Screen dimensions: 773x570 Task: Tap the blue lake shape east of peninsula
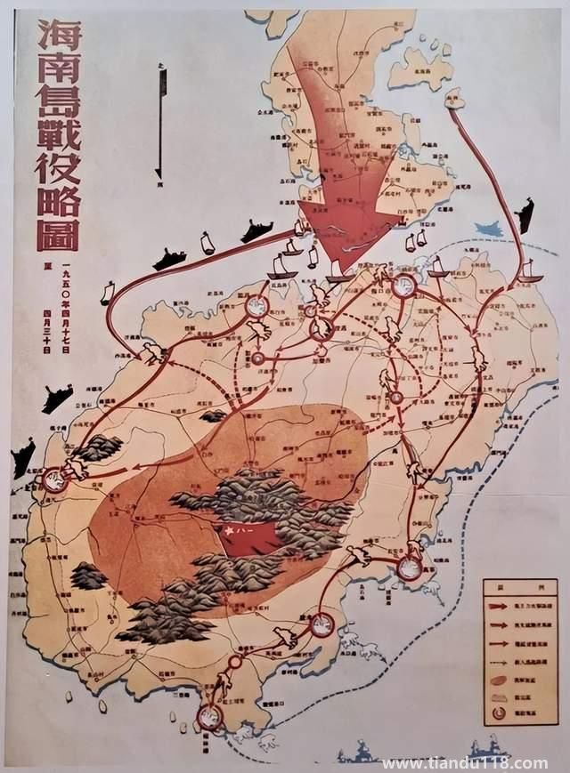coord(489,229)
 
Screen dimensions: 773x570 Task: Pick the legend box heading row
coord(518,587)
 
